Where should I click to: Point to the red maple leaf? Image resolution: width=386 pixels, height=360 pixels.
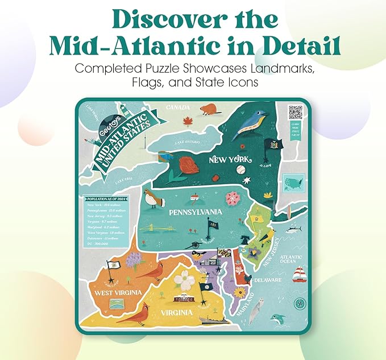(x=186, y=121)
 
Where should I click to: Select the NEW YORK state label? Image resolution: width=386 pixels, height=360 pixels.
(x=230, y=160)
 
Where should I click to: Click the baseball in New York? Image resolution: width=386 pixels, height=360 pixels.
(x=240, y=169)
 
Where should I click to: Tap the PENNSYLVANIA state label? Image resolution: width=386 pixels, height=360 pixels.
(x=194, y=212)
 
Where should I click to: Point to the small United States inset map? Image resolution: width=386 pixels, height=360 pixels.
(x=294, y=184)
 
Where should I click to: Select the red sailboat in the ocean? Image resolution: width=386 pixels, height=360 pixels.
(x=299, y=275)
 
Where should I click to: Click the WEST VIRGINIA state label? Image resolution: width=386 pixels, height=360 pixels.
(x=118, y=292)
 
